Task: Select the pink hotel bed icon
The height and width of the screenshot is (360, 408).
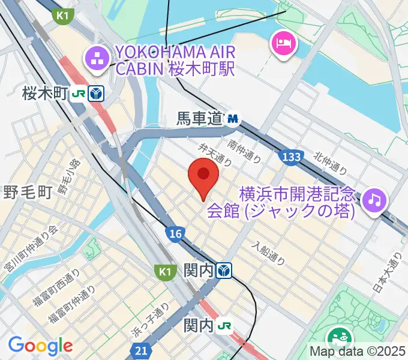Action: (281, 43)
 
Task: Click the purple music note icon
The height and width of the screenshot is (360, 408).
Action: (376, 198)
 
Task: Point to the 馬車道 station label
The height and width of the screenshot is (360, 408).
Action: (199, 120)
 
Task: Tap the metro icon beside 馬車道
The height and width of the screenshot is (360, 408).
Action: (232, 121)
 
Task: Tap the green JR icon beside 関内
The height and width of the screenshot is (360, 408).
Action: (225, 326)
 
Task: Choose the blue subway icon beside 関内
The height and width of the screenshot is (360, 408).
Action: (224, 271)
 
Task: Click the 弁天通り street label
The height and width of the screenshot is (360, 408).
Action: (214, 152)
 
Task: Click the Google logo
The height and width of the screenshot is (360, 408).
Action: (40, 345)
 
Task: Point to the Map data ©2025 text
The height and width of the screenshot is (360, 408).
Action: (358, 351)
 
